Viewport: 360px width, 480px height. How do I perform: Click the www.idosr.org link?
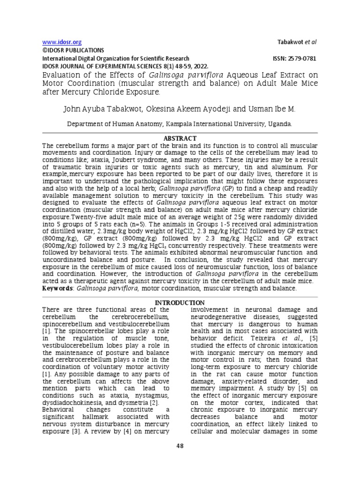coord(59,42)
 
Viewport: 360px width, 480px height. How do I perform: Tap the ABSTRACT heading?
coord(180,138)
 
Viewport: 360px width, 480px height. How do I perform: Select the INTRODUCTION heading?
coord(180,303)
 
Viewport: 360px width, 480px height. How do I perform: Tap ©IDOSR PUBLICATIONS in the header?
coord(74,50)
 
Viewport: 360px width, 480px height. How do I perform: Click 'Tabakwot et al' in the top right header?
coord(298,42)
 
